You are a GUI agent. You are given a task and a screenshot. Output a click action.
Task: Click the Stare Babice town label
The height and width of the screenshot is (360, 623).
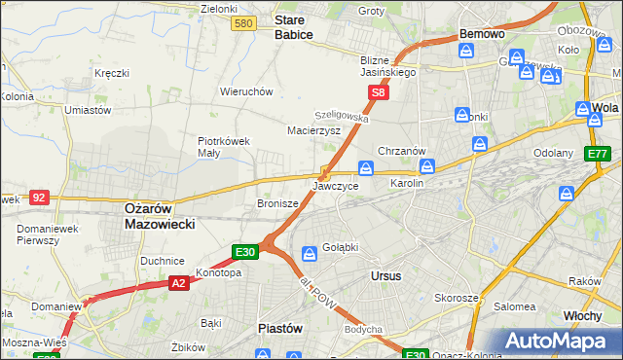(293, 26)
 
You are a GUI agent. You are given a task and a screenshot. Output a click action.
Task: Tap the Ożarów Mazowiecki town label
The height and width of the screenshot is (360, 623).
(160, 215)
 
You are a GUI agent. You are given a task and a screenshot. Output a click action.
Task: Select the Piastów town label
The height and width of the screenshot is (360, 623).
(279, 328)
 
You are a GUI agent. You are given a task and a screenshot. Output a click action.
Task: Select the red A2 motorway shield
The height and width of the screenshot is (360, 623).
(178, 283)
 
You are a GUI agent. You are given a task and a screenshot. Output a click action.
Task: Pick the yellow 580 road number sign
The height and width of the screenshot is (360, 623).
(245, 23)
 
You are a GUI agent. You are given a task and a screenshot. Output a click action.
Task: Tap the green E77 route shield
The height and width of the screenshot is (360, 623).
(597, 154)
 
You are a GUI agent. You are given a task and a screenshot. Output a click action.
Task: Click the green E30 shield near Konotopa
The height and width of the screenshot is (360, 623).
(245, 252)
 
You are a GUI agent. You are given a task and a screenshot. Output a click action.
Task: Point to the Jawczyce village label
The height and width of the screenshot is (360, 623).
(336, 185)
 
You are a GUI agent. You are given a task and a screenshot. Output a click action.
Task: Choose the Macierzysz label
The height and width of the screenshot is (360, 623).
(312, 129)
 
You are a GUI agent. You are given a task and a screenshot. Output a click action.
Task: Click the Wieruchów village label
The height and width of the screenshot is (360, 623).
(245, 91)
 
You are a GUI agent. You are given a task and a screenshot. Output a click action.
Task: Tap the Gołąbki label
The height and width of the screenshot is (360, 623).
(340, 247)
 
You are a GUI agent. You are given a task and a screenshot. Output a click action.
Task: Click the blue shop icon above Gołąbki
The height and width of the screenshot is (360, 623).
(309, 254)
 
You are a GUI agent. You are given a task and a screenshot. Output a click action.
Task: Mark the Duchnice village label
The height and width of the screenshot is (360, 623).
(163, 261)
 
